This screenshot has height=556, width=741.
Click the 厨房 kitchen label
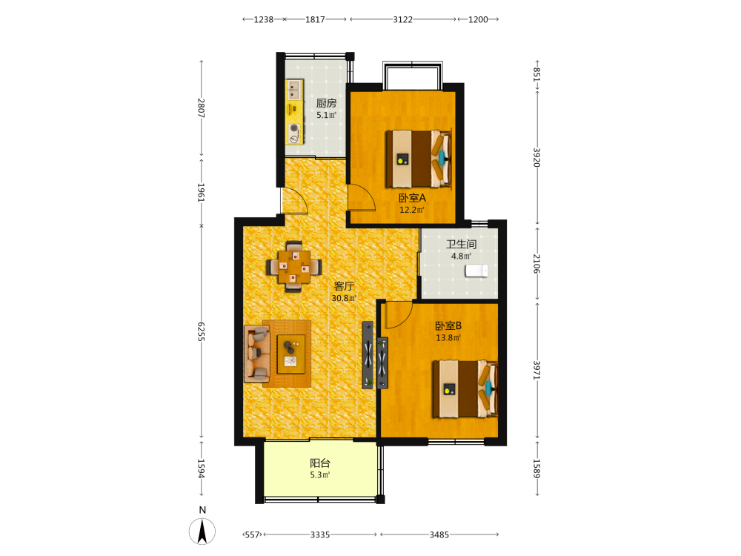tap(326, 103)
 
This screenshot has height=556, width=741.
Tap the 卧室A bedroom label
tap(412, 198)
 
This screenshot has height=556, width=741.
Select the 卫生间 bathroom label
tap(461, 244)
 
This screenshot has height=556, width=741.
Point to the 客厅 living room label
tap(344, 286)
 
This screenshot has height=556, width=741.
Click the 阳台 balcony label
tap(320, 463)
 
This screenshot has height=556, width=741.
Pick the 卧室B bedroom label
tap(448, 325)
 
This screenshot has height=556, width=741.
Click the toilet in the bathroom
tap(476, 271)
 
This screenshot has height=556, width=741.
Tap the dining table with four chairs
tap(294, 267)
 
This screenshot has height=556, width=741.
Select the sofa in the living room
tap(256, 354)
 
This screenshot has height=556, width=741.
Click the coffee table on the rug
tap(291, 354)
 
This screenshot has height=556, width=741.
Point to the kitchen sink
tap(294, 90)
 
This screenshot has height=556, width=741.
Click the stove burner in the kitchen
tap(294, 128)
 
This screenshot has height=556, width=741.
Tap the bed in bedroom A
tap(418, 159)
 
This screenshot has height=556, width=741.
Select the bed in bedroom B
tap(465, 389)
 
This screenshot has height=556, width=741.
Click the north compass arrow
tap(202, 531)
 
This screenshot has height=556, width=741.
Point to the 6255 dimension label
tap(201, 331)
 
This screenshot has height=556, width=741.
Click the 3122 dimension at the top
tap(402, 19)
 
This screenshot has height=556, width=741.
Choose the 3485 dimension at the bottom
tap(439, 535)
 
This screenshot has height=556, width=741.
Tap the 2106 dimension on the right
tap(536, 263)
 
